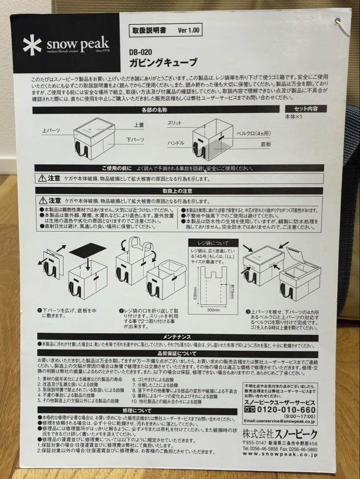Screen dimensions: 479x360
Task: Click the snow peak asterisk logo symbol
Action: coord(32,45)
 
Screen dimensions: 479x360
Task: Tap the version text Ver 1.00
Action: coord(189,31)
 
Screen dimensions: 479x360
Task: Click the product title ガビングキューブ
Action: coord(162,62)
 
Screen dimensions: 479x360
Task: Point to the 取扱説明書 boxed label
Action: coord(149,31)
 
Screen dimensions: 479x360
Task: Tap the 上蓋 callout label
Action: coord(138,126)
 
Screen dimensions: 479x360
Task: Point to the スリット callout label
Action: coord(174,122)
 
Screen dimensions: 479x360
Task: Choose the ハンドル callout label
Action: coord(176,143)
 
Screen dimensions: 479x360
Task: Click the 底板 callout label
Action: coord(266,144)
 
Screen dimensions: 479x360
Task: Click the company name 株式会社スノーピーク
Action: coord(280,435)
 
